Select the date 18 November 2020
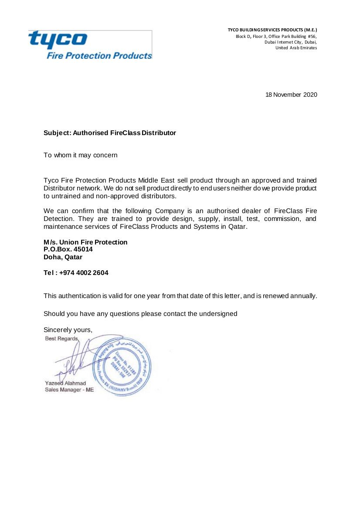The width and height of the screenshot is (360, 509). (x=291, y=95)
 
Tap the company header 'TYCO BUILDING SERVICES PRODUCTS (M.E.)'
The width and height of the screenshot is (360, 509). (x=272, y=30)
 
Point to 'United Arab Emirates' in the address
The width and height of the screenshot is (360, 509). (x=296, y=48)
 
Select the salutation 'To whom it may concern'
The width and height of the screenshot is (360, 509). (x=80, y=155)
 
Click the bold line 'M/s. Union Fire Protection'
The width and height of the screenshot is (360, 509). (x=85, y=242)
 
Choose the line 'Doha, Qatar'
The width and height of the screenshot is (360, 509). (x=63, y=257)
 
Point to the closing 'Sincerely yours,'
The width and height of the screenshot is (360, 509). (x=68, y=330)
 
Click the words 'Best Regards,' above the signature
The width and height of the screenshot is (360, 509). (x=62, y=339)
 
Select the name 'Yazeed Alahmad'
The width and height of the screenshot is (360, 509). (x=65, y=383)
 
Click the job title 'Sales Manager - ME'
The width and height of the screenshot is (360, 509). (x=69, y=390)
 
